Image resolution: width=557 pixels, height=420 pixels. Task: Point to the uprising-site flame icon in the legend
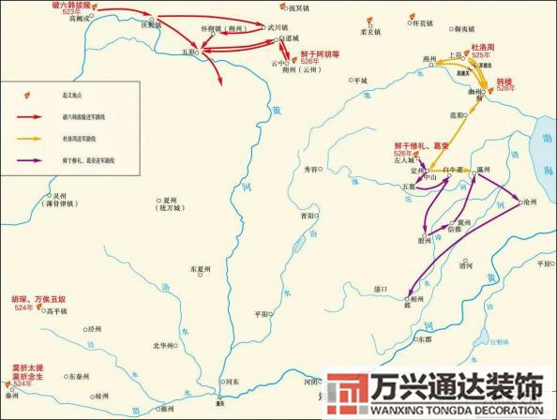tap(28, 96)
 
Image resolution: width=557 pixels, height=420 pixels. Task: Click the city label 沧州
tap(531, 201)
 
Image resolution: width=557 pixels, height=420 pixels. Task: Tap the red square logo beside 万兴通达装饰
tap(348, 395)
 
